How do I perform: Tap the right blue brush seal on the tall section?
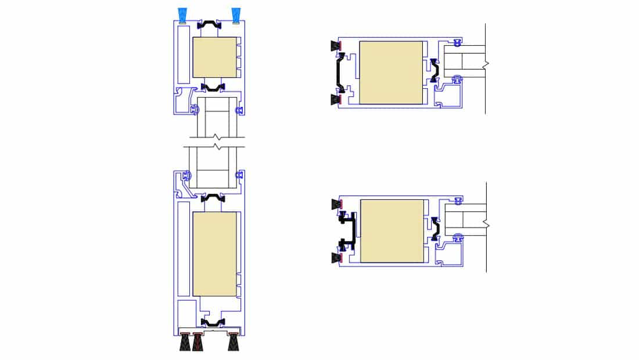pyautogui.click(x=236, y=16)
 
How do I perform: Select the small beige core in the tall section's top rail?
pyautogui.click(x=214, y=57)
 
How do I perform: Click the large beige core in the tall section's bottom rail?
pyautogui.click(x=214, y=254)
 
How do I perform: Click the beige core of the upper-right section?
pyautogui.click(x=391, y=73)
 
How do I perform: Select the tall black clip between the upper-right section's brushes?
pyautogui.click(x=339, y=73)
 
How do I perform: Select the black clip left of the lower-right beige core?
pyautogui.click(x=349, y=230)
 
